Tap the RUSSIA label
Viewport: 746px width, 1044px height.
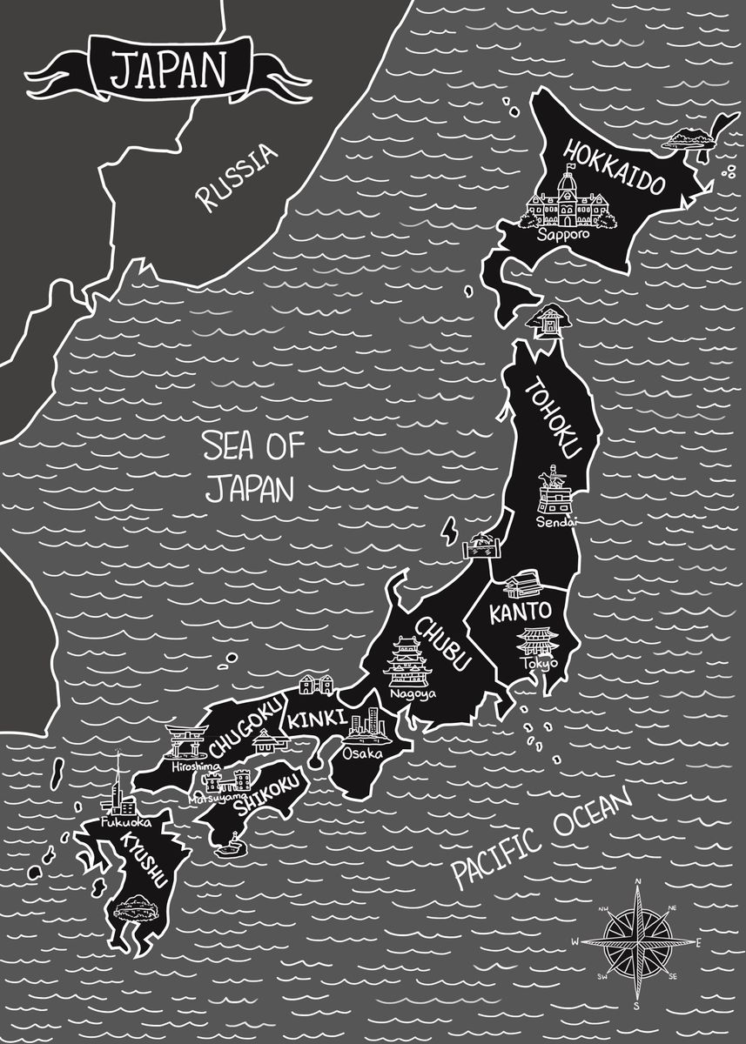(x=237, y=177)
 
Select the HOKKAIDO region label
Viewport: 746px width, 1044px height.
(x=615, y=167)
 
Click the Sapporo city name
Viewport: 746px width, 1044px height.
(x=562, y=235)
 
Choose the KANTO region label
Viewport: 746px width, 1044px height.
(x=520, y=612)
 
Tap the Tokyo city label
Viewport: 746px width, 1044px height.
(x=538, y=664)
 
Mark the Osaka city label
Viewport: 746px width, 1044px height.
(x=361, y=753)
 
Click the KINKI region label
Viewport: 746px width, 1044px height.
(x=318, y=721)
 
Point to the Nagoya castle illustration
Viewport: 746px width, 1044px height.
(x=407, y=663)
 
